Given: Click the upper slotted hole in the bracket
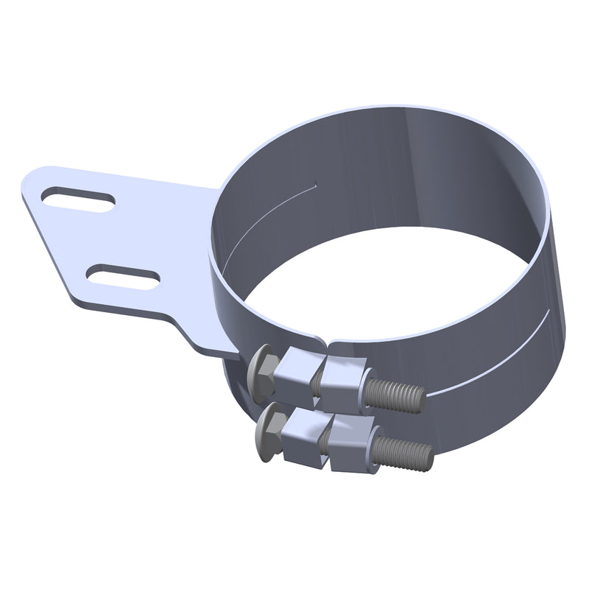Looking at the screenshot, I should click(78, 200).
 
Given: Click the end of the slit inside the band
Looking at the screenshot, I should click(315, 183).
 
